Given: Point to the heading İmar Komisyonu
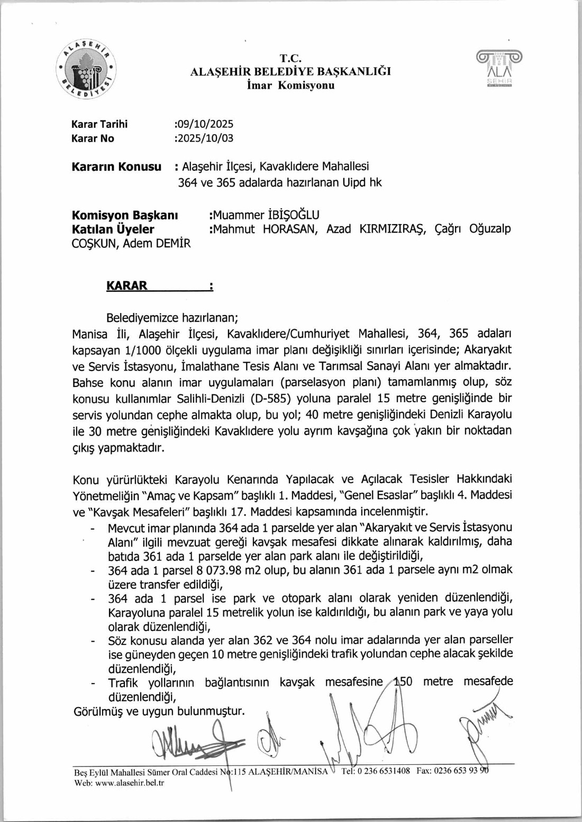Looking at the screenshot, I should coord(290,86).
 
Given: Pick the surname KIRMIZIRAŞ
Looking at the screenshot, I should coord(393,229).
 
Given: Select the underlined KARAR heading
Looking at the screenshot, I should coord(127,286).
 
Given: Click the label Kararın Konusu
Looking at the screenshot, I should coord(116,167).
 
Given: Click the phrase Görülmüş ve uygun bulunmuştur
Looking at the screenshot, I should coord(159,712).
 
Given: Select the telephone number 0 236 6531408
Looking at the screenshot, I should coord(383,771).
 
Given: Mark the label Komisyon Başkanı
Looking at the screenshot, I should coord(125,215).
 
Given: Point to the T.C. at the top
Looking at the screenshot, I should coord(290,59).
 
